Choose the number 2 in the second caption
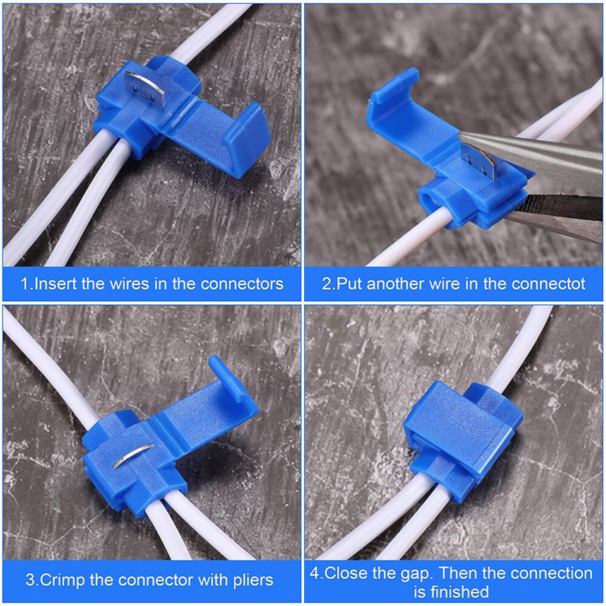tap(326, 283)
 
